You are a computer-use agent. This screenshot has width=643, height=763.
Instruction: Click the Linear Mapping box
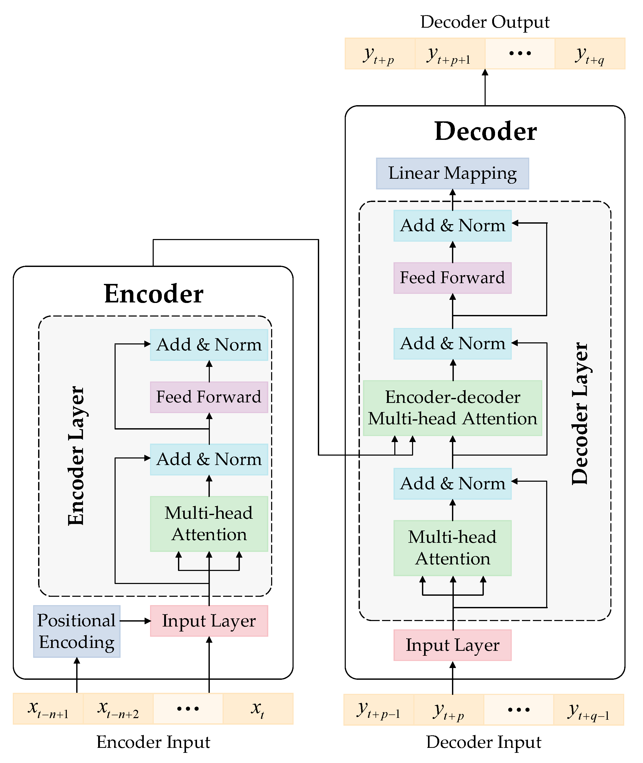[x=452, y=174]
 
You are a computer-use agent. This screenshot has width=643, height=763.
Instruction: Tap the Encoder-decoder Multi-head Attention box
[x=452, y=408]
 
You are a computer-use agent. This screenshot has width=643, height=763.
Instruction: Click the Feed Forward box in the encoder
[x=209, y=397]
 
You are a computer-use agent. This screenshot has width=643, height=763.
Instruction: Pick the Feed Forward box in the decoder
[x=452, y=278]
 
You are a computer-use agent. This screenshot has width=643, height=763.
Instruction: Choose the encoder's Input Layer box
[x=209, y=621]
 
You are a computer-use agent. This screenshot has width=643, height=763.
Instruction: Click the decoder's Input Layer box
[x=452, y=645]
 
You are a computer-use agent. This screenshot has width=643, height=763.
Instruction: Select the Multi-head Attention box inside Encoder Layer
[x=209, y=524]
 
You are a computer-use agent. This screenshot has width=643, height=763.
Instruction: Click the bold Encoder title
[x=153, y=294]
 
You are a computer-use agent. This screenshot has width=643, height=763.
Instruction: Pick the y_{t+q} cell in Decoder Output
[x=590, y=53]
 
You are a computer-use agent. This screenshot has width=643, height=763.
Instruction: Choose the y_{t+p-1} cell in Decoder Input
[x=378, y=710]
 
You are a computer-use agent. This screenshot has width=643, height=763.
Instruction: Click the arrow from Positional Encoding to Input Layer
[x=135, y=621]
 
